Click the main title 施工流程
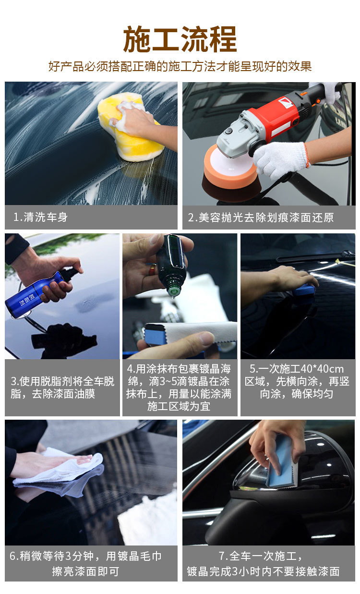click(x=180, y=39)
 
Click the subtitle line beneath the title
click(x=180, y=66)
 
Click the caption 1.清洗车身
click(x=41, y=217)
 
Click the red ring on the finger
click(x=152, y=269)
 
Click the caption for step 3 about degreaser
click(x=62, y=388)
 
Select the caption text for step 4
click(x=180, y=388)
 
